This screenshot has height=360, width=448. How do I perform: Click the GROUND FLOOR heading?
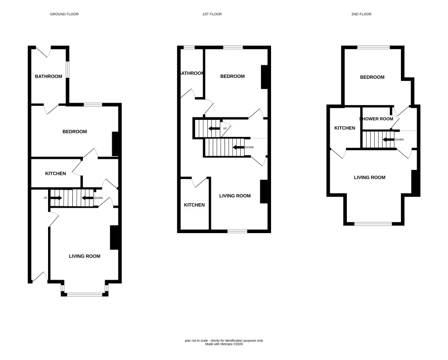[64, 14]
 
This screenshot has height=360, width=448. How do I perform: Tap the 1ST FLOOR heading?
[212, 14]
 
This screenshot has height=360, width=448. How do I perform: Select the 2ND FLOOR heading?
[362, 14]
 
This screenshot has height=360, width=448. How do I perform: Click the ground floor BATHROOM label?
[49, 76]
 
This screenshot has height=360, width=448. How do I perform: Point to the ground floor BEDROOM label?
[74, 132]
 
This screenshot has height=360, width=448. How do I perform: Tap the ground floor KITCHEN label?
[56, 173]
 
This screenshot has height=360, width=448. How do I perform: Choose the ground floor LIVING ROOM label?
[84, 256]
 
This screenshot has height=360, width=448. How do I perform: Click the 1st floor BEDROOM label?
[233, 76]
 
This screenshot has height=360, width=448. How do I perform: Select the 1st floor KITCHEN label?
[194, 205]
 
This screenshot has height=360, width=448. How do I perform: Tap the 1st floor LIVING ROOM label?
[235, 196]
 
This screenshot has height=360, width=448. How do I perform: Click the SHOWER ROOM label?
[376, 119]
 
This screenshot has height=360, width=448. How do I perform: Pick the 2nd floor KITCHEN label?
[345, 128]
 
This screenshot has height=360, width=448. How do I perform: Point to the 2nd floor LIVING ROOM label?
[370, 177]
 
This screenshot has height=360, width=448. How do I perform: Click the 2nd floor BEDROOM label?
[372, 77]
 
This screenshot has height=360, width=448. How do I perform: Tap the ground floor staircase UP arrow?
[56, 198]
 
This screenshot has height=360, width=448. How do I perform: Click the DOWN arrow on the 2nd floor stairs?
[388, 140]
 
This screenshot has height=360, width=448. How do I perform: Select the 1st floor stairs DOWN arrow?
[239, 148]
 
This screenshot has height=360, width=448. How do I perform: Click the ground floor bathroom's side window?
[68, 69]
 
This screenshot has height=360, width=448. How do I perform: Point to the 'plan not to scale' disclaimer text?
[224, 341]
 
